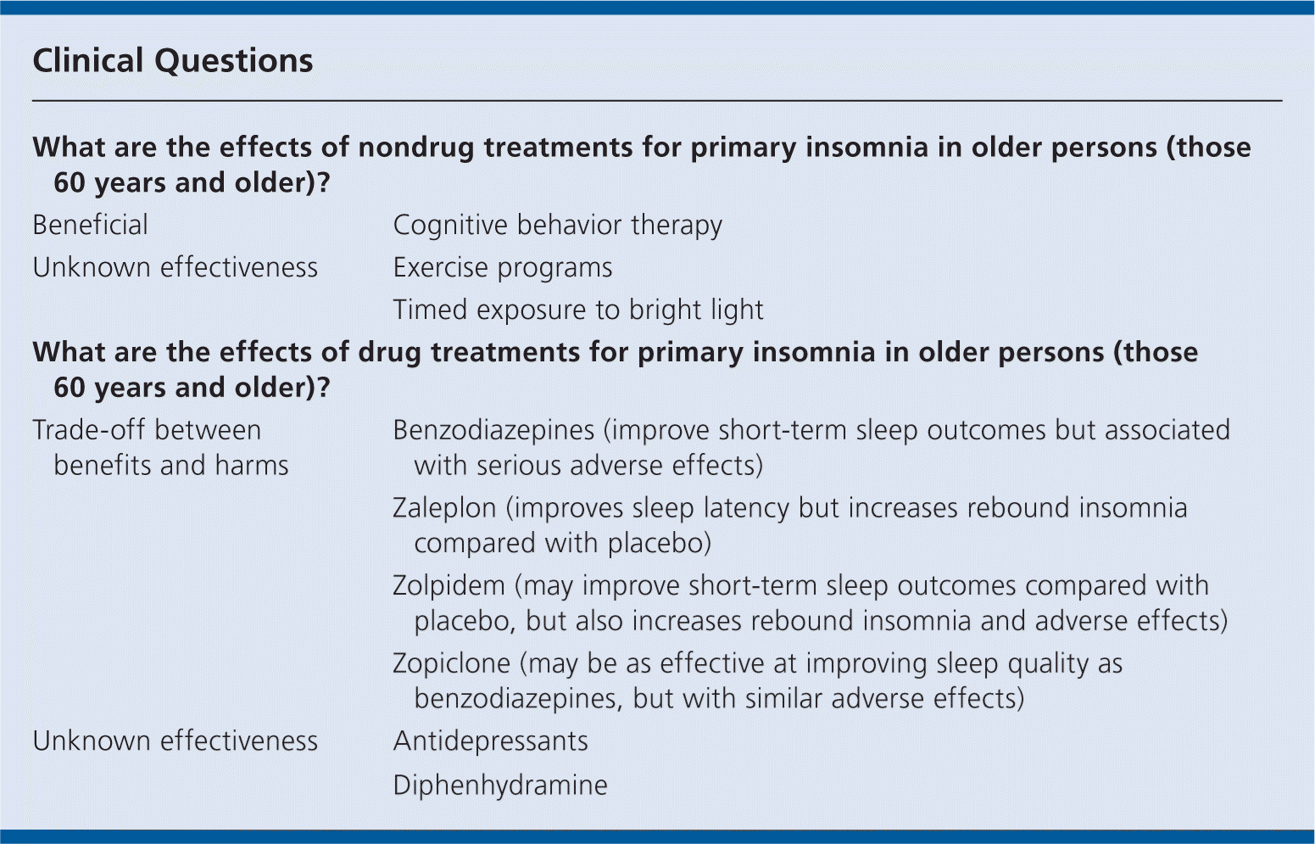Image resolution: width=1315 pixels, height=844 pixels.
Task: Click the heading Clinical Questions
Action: [x=173, y=61]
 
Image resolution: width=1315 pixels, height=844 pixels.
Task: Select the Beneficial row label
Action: [x=91, y=225]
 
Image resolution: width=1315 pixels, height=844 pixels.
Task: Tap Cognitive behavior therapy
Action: [x=558, y=226]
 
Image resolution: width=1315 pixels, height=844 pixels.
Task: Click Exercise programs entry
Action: [x=503, y=268]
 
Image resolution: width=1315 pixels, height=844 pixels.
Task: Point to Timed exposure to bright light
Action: [x=578, y=310]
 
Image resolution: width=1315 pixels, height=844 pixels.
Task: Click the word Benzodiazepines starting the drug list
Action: [x=493, y=431]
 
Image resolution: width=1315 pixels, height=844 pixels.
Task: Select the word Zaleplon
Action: [x=444, y=508]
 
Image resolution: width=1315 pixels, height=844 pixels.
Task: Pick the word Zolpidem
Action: [x=449, y=585]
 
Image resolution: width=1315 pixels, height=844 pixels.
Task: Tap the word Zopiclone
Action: [x=452, y=663]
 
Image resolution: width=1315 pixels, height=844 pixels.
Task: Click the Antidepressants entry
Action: [x=491, y=741]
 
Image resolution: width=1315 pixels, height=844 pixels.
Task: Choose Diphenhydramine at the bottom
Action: [x=500, y=785]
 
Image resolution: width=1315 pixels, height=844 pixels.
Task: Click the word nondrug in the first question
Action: [x=416, y=148]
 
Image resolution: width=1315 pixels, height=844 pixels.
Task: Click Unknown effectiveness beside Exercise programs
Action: [x=175, y=268]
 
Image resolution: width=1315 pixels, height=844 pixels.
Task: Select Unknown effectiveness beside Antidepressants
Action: [x=175, y=741]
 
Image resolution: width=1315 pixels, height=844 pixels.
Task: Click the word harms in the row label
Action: [x=252, y=466]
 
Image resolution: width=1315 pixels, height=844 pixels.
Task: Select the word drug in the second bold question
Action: [x=389, y=353]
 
